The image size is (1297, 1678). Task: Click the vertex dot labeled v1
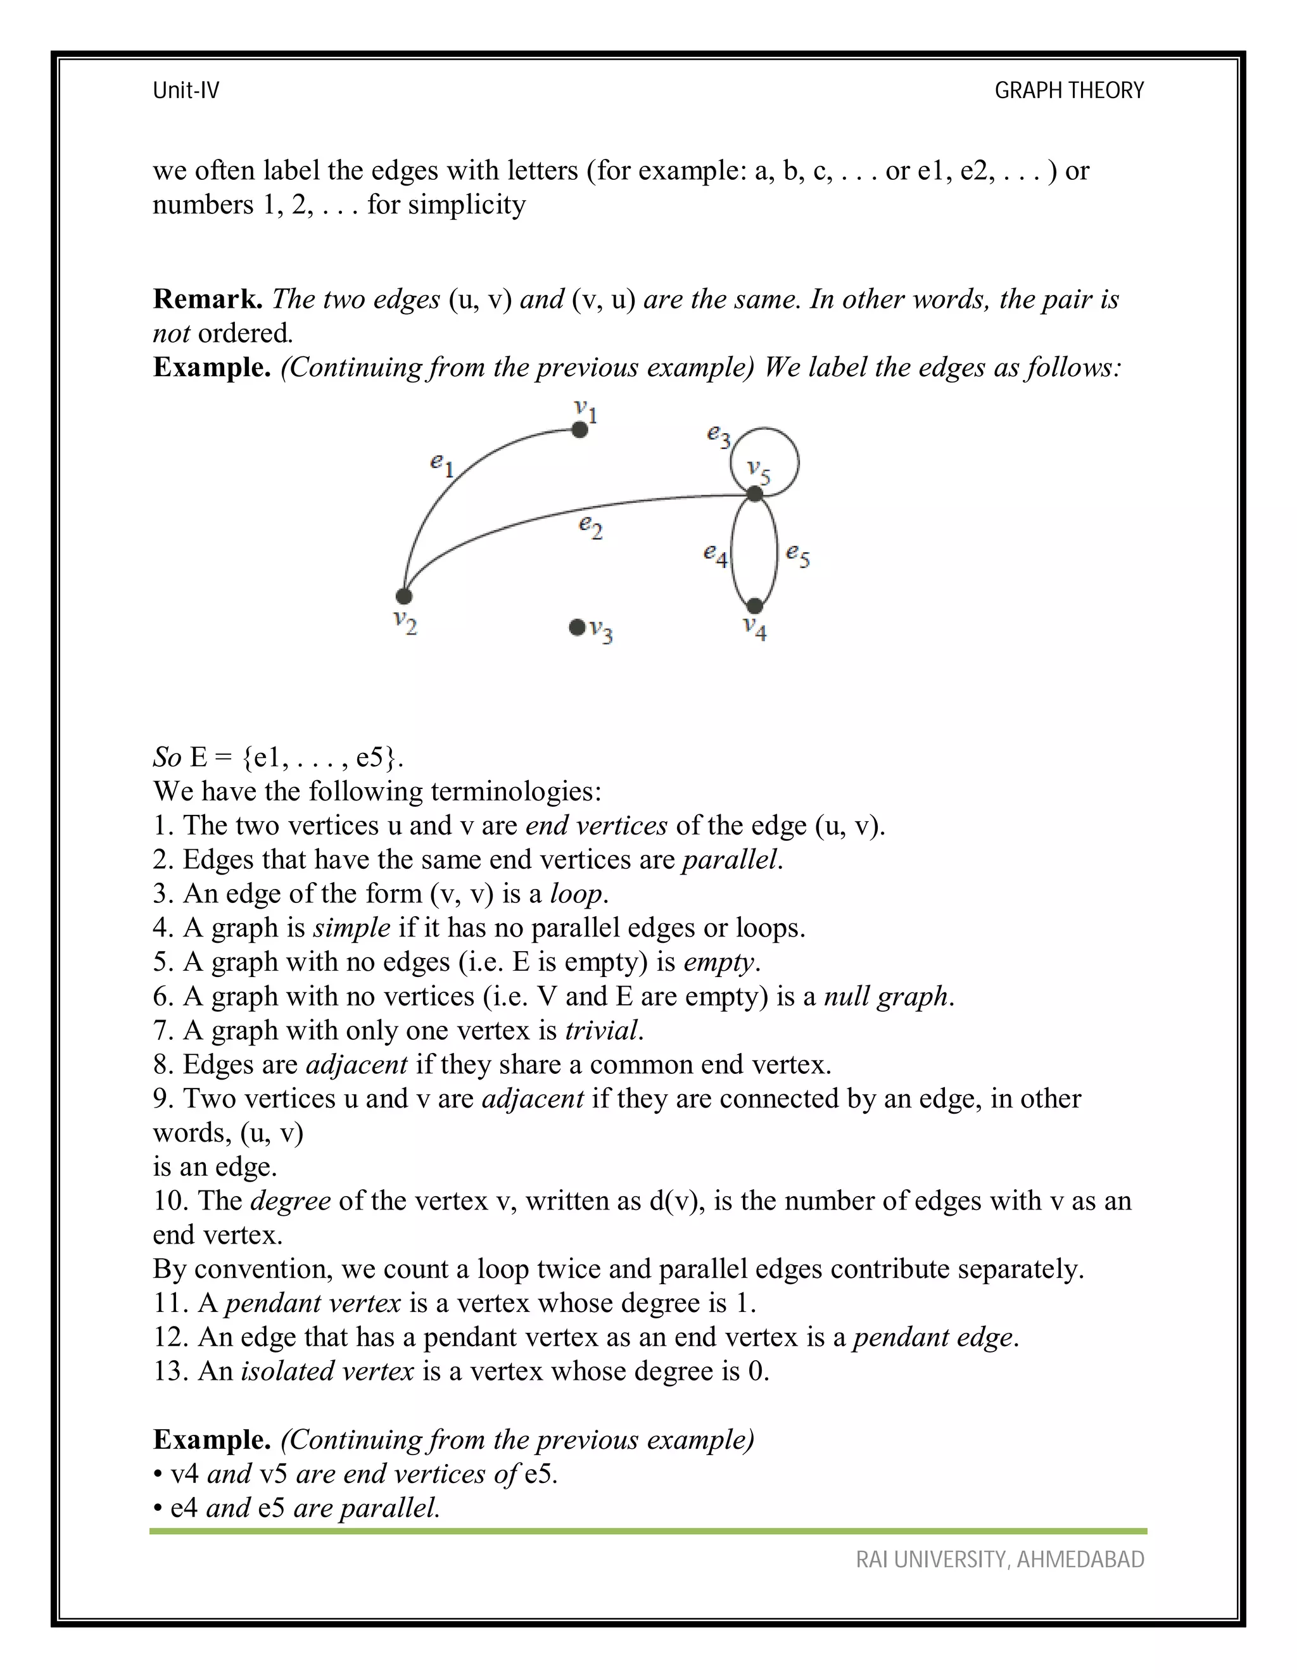pos(580,429)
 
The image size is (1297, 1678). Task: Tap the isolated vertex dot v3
pos(576,628)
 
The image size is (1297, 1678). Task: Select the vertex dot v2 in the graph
pos(403,595)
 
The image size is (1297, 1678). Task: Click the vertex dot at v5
pos(756,493)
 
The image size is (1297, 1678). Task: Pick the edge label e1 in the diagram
pos(442,464)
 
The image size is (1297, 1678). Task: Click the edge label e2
pos(590,526)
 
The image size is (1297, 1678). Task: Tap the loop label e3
pos(718,436)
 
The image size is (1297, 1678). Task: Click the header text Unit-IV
pos(186,91)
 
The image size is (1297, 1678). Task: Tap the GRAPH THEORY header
pos(1069,91)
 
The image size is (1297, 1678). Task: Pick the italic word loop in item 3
pos(576,893)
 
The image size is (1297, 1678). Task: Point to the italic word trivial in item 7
pos(601,1030)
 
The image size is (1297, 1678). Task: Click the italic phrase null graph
pos(885,997)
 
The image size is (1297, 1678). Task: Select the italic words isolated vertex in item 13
pos(327,1372)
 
